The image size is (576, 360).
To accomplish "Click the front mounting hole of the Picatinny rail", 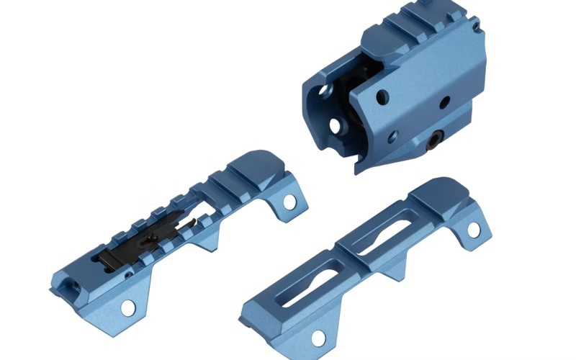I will (127, 307).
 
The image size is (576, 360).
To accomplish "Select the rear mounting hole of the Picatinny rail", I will (289, 202).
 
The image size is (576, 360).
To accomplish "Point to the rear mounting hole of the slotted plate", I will (474, 229).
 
